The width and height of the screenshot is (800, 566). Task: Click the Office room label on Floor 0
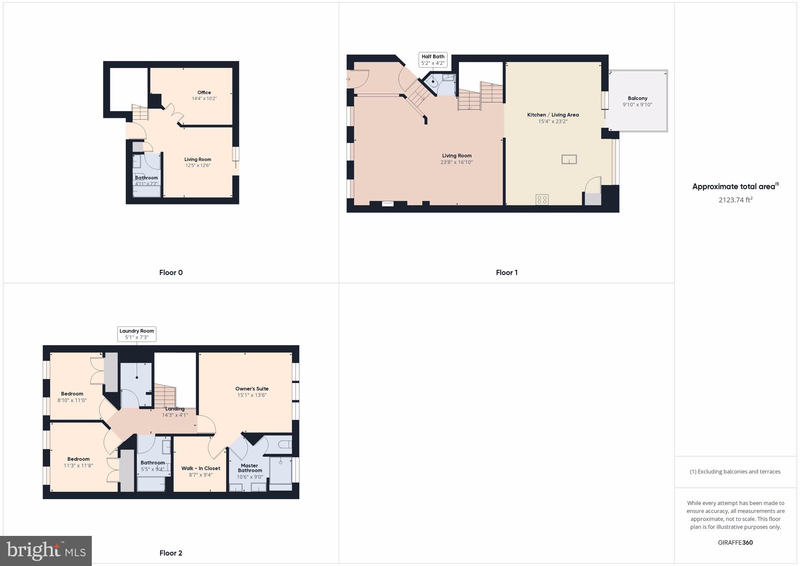[204, 93]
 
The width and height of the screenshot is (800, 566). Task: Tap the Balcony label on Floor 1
[637, 99]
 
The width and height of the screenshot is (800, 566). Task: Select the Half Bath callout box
[433, 60]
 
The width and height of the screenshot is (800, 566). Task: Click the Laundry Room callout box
[137, 334]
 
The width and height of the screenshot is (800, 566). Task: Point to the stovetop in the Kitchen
[542, 200]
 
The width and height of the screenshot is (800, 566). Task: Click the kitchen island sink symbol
[569, 159]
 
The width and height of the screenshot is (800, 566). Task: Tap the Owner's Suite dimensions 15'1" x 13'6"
[252, 395]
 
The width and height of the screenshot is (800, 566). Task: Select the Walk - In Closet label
[201, 468]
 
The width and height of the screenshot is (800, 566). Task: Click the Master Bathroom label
[250, 468]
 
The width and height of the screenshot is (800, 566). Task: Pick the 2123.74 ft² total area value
[736, 200]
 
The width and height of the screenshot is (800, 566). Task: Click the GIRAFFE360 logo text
[735, 543]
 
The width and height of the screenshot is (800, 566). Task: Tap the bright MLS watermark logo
[46, 551]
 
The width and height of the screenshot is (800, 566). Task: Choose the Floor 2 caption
[171, 553]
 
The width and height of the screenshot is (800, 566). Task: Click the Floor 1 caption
[507, 273]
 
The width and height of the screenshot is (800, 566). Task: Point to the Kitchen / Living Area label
[553, 115]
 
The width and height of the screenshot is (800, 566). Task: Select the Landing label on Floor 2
[175, 409]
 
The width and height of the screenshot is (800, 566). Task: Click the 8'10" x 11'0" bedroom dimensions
[72, 400]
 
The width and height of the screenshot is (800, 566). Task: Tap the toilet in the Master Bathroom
[286, 444]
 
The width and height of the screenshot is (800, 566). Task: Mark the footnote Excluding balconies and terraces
[735, 472]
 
